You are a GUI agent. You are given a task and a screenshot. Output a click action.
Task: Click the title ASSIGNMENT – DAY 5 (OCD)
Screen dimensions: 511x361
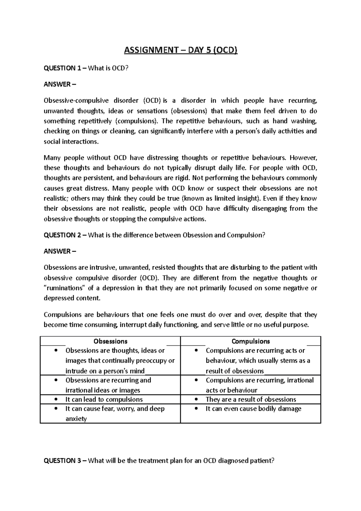(181, 50)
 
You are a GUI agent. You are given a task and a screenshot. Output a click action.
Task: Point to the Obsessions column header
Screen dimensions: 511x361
(110, 341)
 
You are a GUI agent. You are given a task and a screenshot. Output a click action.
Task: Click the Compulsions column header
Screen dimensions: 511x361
(251, 341)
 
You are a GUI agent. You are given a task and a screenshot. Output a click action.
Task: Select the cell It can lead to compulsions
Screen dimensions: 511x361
(104, 399)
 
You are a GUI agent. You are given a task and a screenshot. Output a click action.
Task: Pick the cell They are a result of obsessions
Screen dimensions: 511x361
(251, 399)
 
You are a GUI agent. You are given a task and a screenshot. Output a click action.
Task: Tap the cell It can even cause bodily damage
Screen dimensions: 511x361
(253, 409)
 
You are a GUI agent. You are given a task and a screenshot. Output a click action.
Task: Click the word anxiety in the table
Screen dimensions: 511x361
(76, 419)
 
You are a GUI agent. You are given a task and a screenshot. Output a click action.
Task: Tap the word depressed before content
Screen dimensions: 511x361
(59, 298)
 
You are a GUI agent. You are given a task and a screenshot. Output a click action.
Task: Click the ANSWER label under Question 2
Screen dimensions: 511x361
(60, 251)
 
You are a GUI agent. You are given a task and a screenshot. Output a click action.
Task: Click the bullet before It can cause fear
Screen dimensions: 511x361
(56, 409)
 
